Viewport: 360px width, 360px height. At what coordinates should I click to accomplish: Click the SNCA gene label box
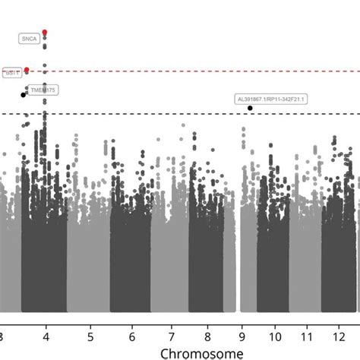(x=30, y=38)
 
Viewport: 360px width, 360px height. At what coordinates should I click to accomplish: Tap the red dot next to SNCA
(x=45, y=33)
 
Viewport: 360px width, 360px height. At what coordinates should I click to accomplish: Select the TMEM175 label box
(x=43, y=90)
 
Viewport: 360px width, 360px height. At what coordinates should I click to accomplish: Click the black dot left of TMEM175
(x=24, y=95)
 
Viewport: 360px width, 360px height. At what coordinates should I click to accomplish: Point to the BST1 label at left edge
(x=11, y=73)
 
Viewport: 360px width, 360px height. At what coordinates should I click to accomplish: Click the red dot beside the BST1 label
(x=27, y=70)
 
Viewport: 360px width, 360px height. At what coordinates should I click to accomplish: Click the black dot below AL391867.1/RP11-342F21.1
(x=251, y=109)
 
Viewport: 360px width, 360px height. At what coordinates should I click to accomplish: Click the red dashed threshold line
(x=190, y=71)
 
